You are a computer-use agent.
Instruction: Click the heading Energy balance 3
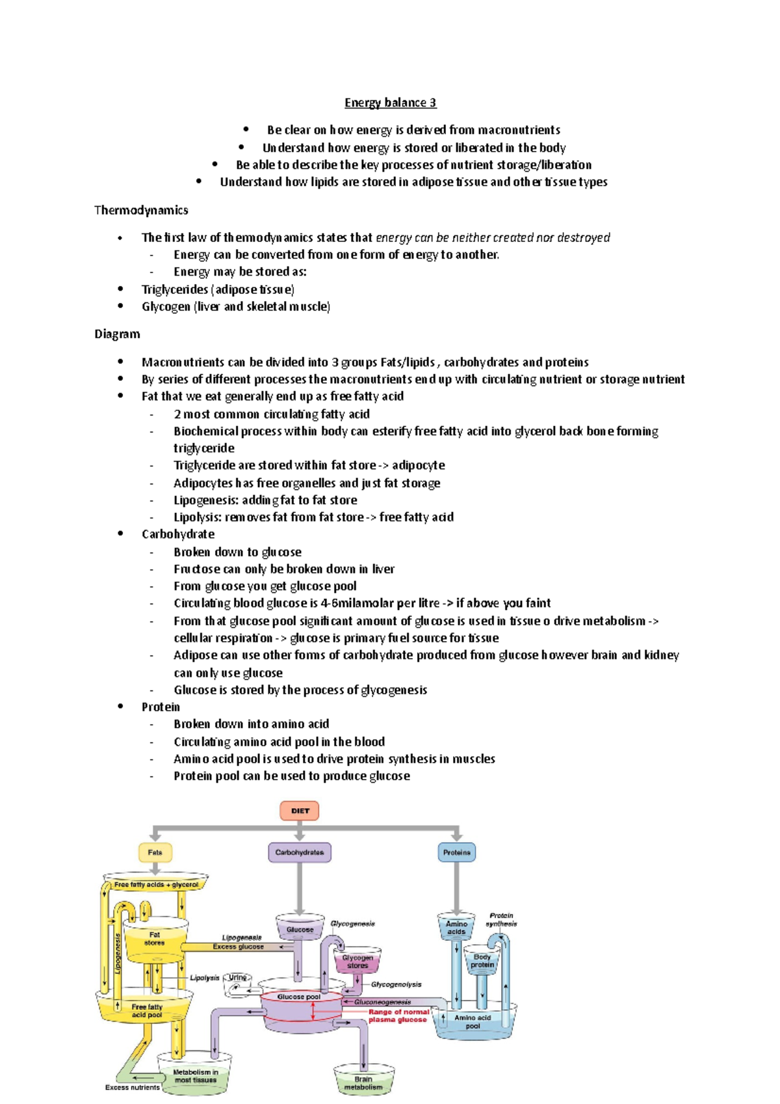click(390, 103)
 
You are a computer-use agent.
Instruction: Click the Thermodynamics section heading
click(141, 210)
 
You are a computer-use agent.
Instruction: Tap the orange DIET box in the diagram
click(300, 811)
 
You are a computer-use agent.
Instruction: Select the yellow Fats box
click(155, 852)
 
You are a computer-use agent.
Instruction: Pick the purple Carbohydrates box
click(300, 852)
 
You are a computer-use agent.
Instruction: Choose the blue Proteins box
click(456, 852)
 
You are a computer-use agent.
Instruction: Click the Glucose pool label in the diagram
click(299, 997)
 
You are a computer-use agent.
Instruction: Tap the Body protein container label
click(482, 961)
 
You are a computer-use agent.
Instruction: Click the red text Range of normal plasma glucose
click(398, 1016)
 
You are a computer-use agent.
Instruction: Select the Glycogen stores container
click(357, 962)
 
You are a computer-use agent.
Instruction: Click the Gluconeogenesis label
click(383, 1002)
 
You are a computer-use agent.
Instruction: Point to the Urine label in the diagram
click(237, 978)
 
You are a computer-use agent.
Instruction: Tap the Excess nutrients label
click(132, 1087)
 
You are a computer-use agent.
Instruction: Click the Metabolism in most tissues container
click(196, 1076)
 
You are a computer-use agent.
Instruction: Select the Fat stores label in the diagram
click(155, 939)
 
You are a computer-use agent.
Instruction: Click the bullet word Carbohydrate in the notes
click(178, 534)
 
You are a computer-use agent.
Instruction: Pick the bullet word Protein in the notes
click(161, 707)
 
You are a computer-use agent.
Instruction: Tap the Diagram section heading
click(117, 334)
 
